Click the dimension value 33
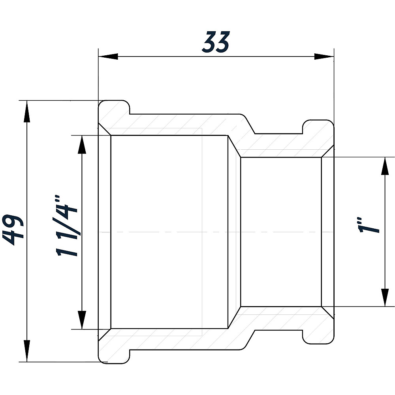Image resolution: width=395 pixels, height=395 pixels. tap(216, 42)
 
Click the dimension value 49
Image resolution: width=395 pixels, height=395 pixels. tap(13, 230)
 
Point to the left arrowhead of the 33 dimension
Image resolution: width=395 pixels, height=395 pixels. tap(108, 56)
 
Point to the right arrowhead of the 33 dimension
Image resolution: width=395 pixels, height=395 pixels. tap(324, 56)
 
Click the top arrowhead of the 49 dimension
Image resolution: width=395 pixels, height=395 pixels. tap(27, 112)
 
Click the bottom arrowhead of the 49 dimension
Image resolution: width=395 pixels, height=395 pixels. tap(27, 351)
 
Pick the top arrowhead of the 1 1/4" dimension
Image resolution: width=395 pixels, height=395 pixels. tap(82, 145)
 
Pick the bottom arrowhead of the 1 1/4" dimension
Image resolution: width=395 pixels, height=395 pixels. tap(82, 320)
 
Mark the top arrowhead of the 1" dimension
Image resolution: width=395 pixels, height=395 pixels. tap(385, 166)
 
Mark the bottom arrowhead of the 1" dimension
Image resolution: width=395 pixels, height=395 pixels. tap(385, 297)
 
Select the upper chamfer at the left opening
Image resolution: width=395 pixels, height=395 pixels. tap(105, 129)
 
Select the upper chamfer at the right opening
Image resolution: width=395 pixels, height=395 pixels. tap(328, 151)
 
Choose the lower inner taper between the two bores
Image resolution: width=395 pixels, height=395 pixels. tap(234, 318)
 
